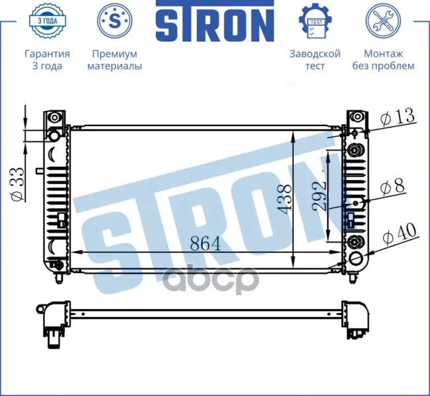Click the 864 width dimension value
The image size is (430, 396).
click(205, 244)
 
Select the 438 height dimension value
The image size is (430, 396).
click(284, 199)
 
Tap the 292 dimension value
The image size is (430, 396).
click(320, 195)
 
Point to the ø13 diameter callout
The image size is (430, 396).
click(398, 116)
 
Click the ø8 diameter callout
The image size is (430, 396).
click(392, 187)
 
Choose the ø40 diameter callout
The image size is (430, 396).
click(399, 234)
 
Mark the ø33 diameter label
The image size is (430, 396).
click(17, 183)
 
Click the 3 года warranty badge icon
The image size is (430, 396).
click(48, 20)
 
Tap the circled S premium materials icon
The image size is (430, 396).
click(115, 20)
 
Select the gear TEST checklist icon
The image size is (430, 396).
click(315, 20)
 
